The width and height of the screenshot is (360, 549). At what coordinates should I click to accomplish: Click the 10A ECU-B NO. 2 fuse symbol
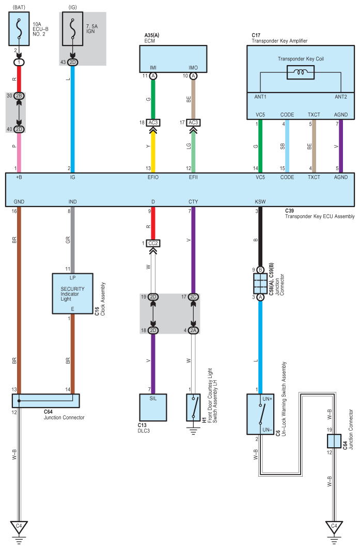tap(19, 29)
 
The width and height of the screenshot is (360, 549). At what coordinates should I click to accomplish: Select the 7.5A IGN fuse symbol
tap(73, 29)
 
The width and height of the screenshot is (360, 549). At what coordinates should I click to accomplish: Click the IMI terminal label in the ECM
tap(153, 68)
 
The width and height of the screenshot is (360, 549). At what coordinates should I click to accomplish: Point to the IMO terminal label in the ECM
tap(193, 68)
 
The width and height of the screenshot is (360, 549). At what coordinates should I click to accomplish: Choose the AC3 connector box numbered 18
tap(153, 122)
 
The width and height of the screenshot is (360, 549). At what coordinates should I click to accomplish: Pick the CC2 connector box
tap(153, 242)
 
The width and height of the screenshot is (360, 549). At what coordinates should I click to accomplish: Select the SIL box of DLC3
tap(153, 406)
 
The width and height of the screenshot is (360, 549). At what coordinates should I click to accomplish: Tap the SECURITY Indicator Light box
tap(72, 293)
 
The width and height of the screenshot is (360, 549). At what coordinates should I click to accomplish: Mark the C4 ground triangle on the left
tap(19, 527)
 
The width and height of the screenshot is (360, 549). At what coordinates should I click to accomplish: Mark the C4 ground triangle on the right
tap(334, 527)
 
